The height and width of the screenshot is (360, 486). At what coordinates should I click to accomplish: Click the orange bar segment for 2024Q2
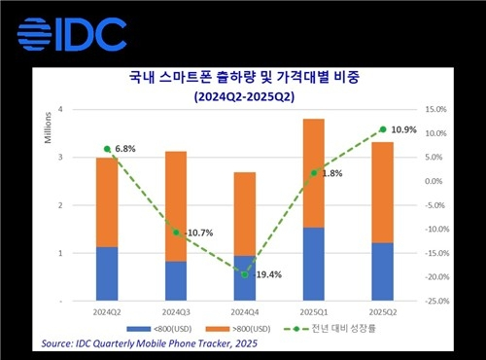click(x=107, y=201)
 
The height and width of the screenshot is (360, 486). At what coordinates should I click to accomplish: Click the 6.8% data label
click(x=124, y=149)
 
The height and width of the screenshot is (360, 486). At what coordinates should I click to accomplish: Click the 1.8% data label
click(x=330, y=172)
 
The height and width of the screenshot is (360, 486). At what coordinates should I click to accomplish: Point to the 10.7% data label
click(x=191, y=234)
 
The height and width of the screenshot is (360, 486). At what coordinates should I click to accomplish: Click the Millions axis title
click(x=46, y=128)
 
